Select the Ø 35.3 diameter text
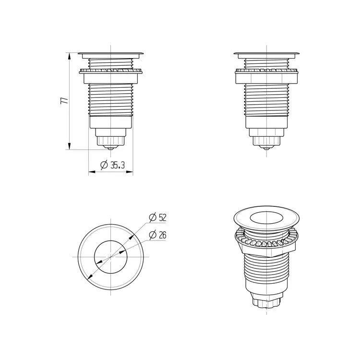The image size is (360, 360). coord(112,165)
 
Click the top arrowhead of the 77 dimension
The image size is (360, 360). coord(69,54)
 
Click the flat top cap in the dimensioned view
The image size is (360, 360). coord(110,52)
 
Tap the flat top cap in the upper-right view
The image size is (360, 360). coord(267,52)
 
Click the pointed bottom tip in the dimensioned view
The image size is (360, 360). coord(110,148)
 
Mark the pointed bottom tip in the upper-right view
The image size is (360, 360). coord(267,148)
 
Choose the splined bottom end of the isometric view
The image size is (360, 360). coord(265,303)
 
